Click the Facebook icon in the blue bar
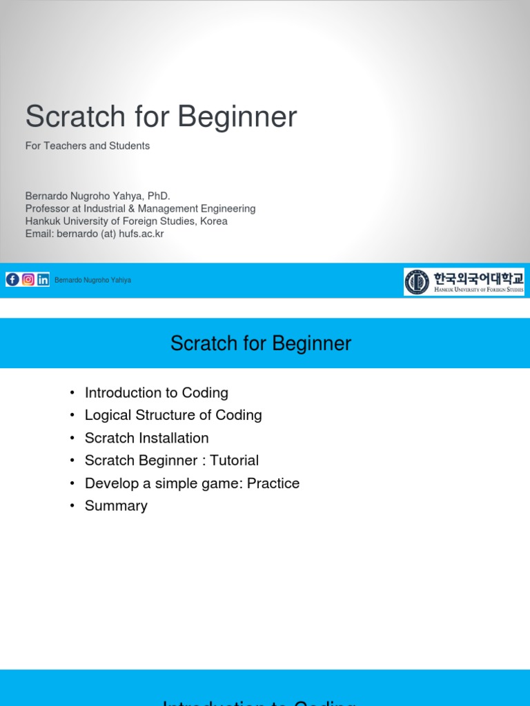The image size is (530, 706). coord(12,279)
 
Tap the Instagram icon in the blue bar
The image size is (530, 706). coord(28,279)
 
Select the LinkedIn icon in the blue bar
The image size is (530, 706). coord(43,279)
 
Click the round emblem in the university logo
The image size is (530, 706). coord(417,281)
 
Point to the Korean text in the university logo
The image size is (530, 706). coord(478,278)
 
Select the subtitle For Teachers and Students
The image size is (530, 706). coord(88,146)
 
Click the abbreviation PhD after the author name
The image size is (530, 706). coord(157,196)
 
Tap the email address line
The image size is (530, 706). coord(95,234)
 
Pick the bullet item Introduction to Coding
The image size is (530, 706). coord(156,393)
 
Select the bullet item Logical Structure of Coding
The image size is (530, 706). coord(173,415)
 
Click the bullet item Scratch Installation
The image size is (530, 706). coord(146,438)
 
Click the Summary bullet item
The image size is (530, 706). coord(116,506)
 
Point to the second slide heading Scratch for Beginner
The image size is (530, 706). coord(261,343)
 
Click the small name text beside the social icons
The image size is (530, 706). coord(92,281)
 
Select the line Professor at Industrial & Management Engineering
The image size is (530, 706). coord(140,209)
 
